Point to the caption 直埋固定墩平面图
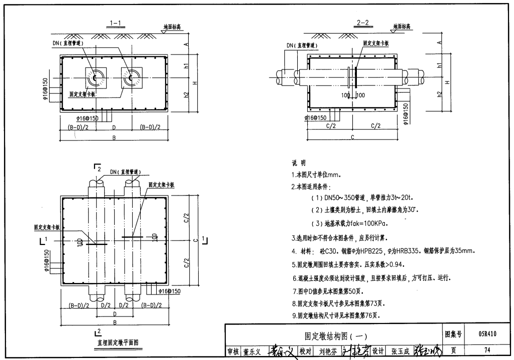pyautogui.click(x=118, y=342)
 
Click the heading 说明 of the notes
pyautogui.click(x=299, y=163)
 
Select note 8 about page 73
pyautogui.click(x=338, y=303)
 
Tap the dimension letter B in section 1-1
pyautogui.click(x=114, y=138)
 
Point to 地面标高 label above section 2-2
pyautogui.click(x=401, y=26)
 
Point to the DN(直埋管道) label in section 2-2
pyautogui.click(x=302, y=45)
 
